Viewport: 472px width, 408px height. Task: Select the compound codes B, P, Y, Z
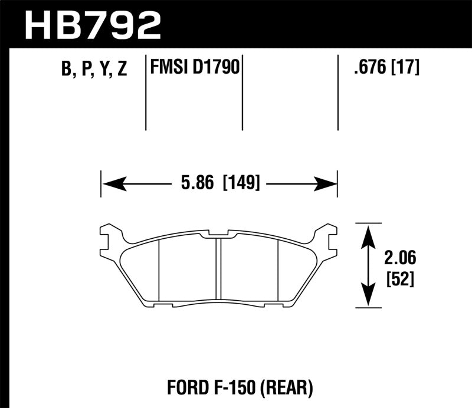point(94,70)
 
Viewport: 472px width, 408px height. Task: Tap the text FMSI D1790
point(194,68)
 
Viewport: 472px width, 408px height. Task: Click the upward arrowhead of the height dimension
point(368,233)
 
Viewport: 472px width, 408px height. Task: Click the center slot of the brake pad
point(218,268)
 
